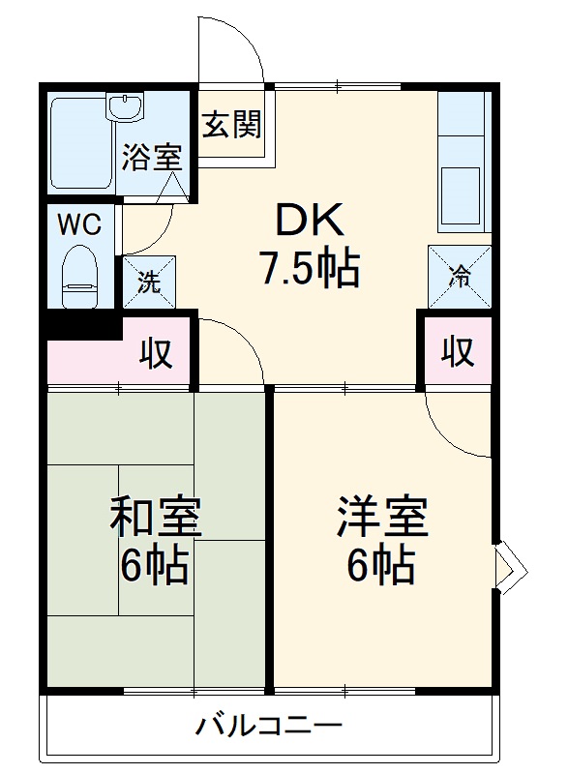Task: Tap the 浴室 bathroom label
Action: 151,157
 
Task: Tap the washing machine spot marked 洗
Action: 149,282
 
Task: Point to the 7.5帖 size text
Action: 309,268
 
